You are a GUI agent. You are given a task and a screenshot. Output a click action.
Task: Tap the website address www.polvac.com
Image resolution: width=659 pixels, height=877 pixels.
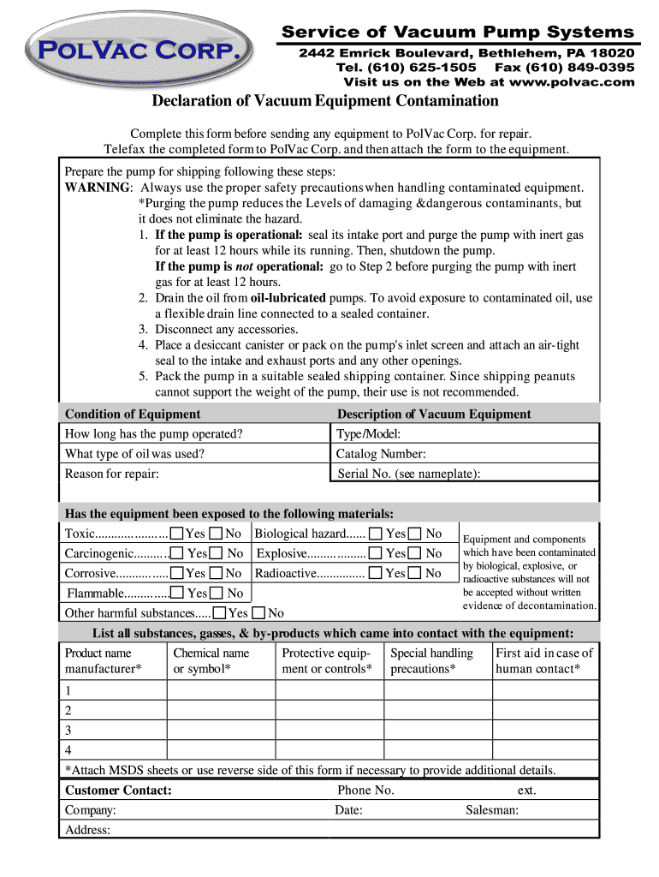coord(572,82)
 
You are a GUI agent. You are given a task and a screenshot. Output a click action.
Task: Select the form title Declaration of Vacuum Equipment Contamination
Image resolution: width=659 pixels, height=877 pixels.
coord(325,102)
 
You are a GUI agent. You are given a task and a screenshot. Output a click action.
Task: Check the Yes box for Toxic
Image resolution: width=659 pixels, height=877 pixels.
coord(176,534)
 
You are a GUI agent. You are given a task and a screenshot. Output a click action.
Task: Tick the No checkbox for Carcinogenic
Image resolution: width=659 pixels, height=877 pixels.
coord(217,553)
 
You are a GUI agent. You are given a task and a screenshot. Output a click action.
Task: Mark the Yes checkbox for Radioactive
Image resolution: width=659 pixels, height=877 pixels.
coord(376,573)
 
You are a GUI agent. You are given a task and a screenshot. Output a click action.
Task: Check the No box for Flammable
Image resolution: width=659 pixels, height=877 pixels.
coord(217,593)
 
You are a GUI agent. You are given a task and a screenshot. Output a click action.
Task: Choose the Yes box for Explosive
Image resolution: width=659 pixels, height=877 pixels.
coord(376,553)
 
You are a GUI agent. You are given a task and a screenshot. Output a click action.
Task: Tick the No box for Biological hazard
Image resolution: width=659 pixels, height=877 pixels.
coord(415,534)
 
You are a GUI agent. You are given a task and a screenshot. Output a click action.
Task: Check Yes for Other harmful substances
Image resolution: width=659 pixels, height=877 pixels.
coord(220,612)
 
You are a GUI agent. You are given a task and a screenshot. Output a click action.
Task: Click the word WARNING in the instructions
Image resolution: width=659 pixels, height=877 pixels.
coord(98,188)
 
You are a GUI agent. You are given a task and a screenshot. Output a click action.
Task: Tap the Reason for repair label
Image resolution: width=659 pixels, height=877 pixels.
coord(112,474)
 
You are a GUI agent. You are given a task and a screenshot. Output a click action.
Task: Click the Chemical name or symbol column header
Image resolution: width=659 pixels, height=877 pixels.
coord(211,660)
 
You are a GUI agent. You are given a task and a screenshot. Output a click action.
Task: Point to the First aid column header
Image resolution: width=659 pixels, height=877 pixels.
coord(544,660)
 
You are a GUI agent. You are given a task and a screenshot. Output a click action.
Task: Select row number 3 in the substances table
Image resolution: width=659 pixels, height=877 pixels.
coord(68,731)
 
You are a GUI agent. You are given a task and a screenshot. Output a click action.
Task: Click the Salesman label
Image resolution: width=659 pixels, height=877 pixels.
coord(492,810)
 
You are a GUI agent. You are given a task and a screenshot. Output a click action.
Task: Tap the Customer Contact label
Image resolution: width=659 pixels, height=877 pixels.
coord(118,790)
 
